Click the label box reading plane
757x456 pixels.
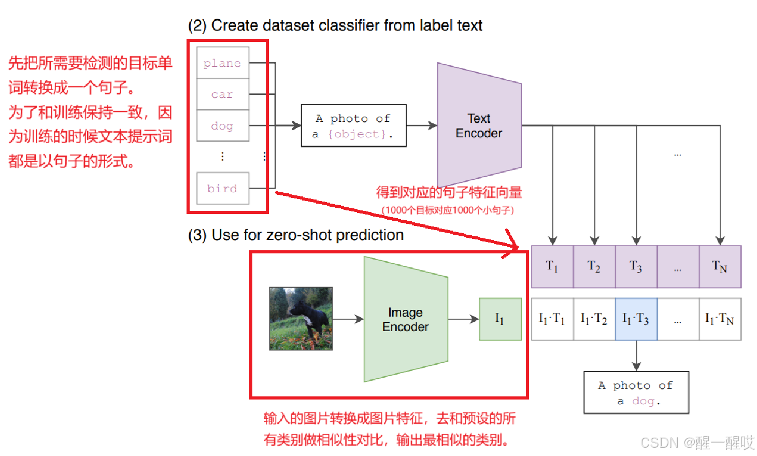coord(223,63)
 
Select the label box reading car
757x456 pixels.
coord(223,94)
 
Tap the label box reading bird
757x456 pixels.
coord(223,188)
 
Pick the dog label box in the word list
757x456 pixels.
coord(223,126)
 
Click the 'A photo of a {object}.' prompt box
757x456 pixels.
coord(353,126)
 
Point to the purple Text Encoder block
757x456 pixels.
coord(479,125)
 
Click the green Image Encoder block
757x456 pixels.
coord(406,319)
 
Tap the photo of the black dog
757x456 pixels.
coord(301,319)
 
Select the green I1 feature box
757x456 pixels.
coord(500,319)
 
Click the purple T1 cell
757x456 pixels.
coord(552,267)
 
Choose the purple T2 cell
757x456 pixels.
coord(594,267)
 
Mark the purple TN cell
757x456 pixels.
coord(720,267)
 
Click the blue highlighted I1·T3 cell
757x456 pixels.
coord(636,319)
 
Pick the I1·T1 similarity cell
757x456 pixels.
coord(552,319)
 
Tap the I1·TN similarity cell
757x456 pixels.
coord(720,319)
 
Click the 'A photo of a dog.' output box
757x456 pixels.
coord(636,392)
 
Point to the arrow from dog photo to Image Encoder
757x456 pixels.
coord(348,319)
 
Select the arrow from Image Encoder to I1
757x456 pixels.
coord(463,319)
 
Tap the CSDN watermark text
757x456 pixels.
coord(697,443)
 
